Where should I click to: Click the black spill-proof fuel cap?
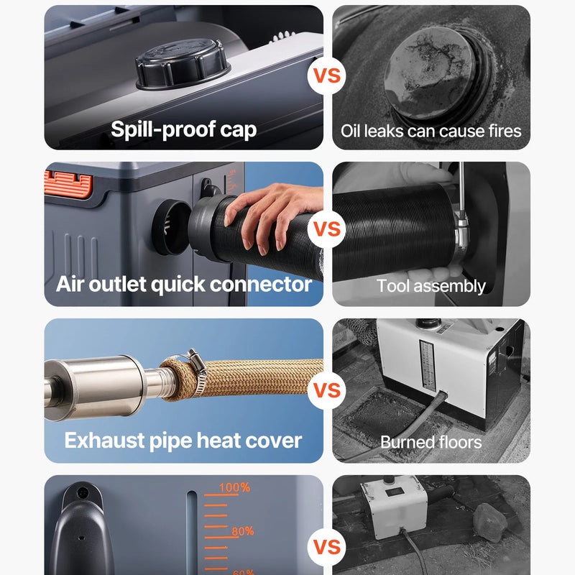click(183, 64)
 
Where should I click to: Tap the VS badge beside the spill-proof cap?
click(327, 75)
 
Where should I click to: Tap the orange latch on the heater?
click(68, 183)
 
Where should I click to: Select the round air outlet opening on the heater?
click(171, 227)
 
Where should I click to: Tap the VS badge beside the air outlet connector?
click(327, 229)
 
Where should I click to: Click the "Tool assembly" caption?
click(431, 286)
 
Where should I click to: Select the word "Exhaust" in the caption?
click(104, 441)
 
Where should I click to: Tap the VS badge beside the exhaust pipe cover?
click(327, 390)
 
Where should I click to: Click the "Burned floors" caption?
click(431, 442)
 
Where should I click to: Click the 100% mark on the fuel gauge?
click(235, 487)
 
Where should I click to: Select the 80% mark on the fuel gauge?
click(243, 531)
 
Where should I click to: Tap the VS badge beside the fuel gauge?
click(327, 547)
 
